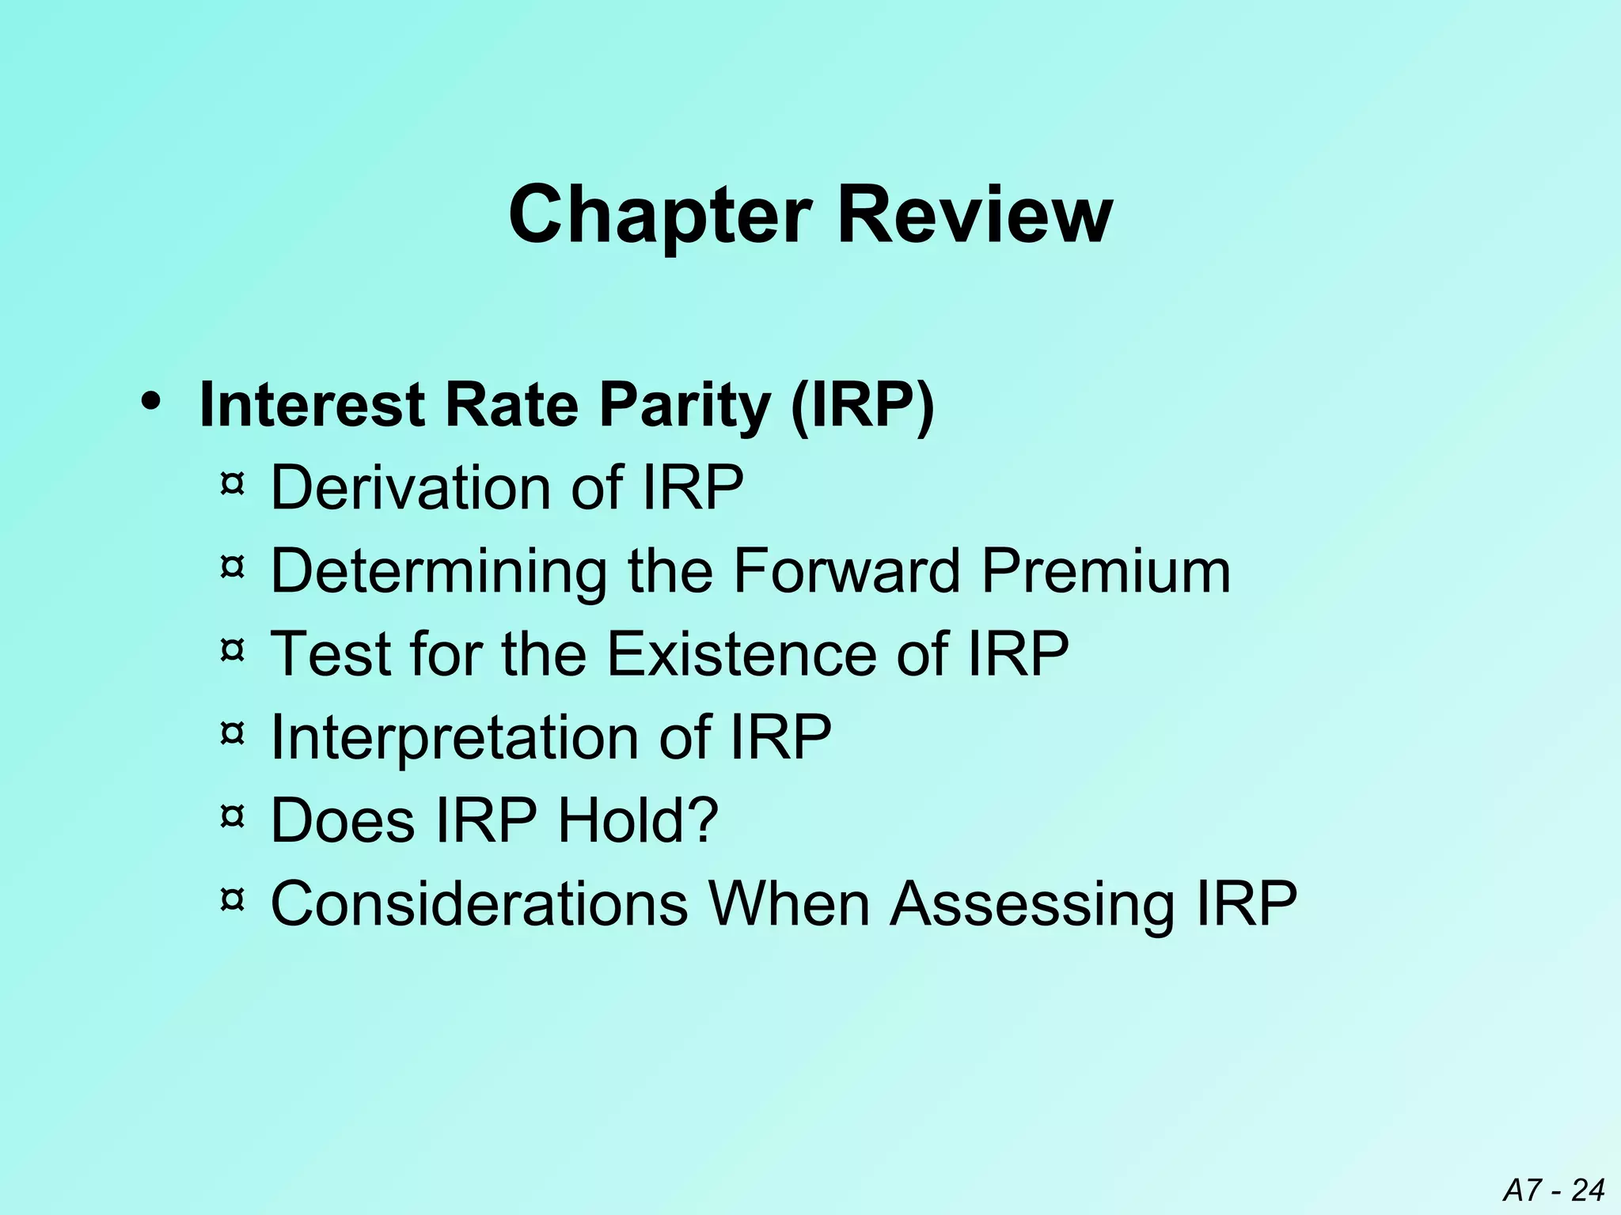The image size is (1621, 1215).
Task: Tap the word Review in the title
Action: (974, 215)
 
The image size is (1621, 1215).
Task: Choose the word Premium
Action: (1106, 570)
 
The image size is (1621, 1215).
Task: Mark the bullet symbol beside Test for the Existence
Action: (231, 650)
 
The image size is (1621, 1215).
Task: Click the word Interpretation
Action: (455, 738)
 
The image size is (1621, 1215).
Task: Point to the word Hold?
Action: (638, 820)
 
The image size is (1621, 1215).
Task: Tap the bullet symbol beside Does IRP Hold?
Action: (231, 816)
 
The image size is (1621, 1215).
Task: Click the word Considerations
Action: (479, 903)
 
